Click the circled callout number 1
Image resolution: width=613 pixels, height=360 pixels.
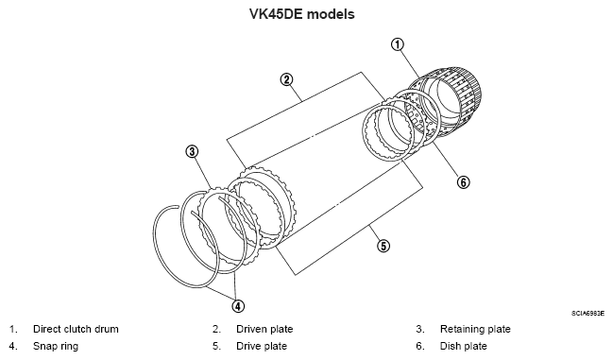(398, 44)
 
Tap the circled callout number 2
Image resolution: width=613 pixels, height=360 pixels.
(286, 79)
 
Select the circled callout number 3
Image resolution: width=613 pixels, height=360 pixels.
(192, 151)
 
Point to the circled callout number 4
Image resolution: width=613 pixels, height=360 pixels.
(238, 305)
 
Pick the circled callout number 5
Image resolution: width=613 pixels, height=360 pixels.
(383, 246)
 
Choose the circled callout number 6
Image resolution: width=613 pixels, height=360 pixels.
(463, 182)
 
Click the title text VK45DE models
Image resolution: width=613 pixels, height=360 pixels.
(302, 14)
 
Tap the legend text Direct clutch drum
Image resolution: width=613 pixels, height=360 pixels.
(76, 329)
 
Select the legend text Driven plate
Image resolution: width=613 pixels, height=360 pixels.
(264, 329)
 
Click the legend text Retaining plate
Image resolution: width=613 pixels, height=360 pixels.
(475, 329)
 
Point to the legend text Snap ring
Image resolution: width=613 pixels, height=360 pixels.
(56, 347)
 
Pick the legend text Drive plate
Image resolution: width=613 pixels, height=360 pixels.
(262, 347)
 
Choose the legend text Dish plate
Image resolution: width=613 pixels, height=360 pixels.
(464, 347)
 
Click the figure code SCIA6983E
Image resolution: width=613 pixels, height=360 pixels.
(588, 314)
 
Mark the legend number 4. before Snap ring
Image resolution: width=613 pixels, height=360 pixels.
(13, 347)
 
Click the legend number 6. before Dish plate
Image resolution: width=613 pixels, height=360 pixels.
(420, 347)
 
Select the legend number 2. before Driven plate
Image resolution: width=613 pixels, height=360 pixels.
(216, 329)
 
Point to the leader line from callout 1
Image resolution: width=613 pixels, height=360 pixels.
(409, 63)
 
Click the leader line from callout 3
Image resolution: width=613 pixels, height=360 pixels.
(202, 172)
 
